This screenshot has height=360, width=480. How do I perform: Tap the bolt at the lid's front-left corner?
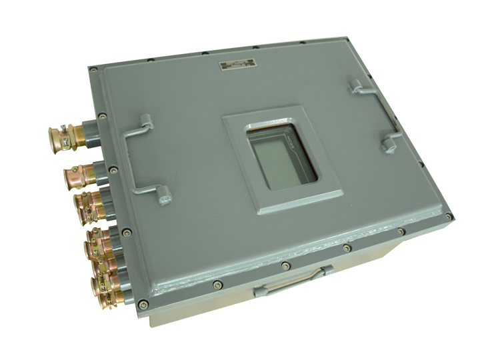[x=142, y=306]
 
